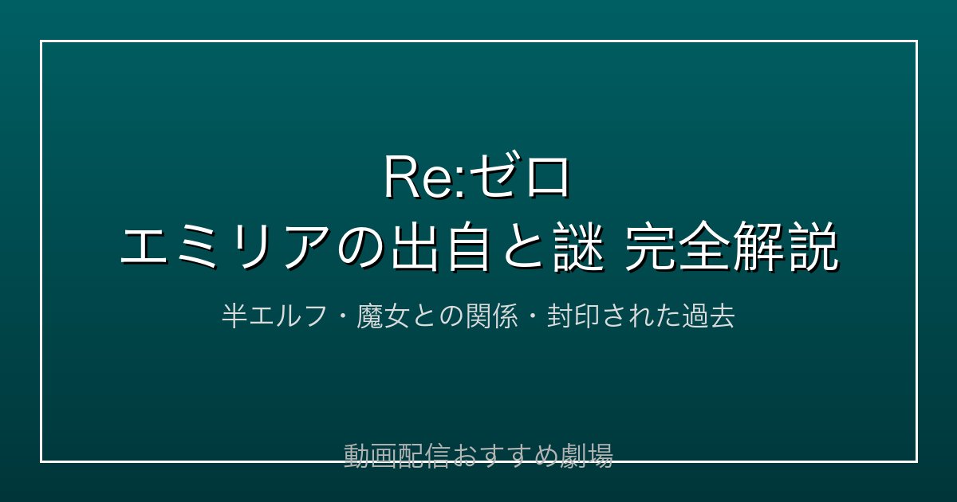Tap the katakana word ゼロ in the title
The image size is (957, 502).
[x=519, y=176]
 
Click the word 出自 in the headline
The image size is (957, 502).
[x=440, y=246]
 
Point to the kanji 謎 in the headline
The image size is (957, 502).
[x=579, y=246]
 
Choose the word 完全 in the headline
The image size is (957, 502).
[x=677, y=246]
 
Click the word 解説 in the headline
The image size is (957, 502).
[x=785, y=246]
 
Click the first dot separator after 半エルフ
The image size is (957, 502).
[x=342, y=316]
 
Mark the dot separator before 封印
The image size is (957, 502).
[x=533, y=316]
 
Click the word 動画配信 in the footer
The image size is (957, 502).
[x=397, y=456]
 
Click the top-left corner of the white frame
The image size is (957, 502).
[x=41, y=41]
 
